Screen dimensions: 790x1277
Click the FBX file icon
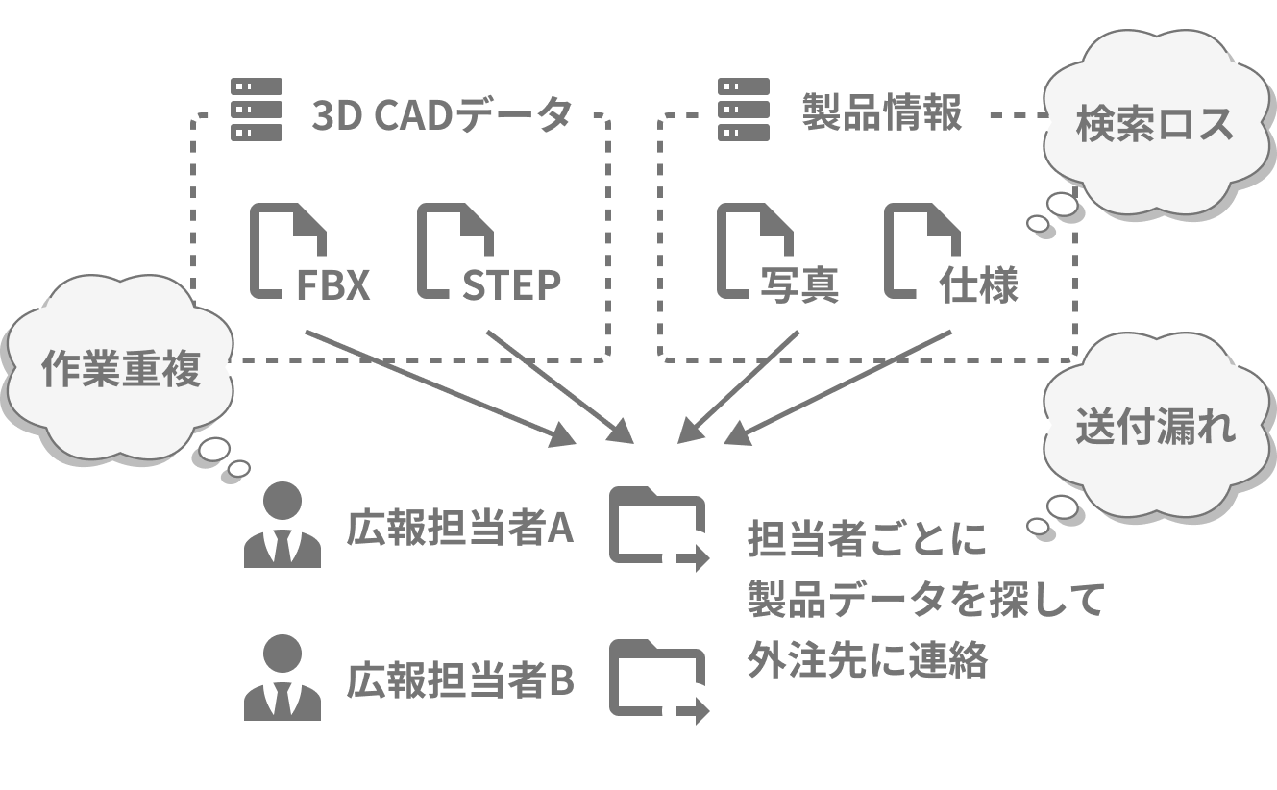click(x=286, y=250)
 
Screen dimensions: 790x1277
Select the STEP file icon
click(x=454, y=250)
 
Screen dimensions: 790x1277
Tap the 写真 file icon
click(x=754, y=250)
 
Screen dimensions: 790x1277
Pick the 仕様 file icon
click(x=921, y=250)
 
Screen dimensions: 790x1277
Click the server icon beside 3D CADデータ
click(x=257, y=110)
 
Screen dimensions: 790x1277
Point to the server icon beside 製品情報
click(x=744, y=110)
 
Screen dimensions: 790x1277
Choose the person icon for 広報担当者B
click(x=282, y=679)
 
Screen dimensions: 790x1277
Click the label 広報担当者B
click(x=460, y=681)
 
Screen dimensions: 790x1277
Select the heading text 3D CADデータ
click(x=442, y=114)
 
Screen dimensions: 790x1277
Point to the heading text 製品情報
click(x=881, y=113)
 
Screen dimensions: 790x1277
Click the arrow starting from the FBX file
click(x=438, y=387)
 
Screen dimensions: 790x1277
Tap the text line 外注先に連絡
click(x=867, y=661)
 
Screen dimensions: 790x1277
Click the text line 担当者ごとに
click(x=867, y=540)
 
